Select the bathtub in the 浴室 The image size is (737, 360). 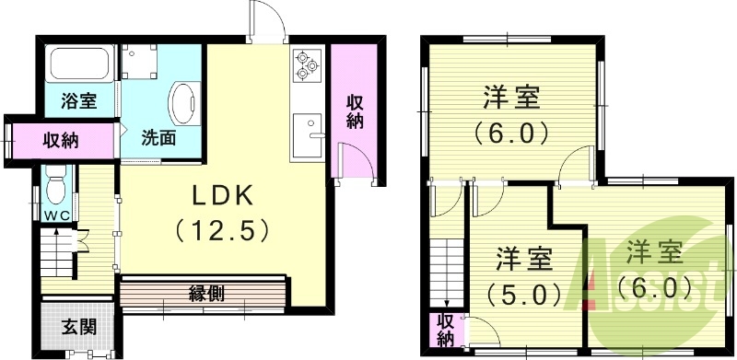[79, 64]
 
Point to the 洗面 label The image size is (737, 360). [158, 139]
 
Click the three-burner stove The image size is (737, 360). [306, 65]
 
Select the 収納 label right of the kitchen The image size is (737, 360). [356, 111]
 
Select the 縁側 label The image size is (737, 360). [208, 293]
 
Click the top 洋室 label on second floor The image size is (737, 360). [512, 97]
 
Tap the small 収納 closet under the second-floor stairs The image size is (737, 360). [444, 330]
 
